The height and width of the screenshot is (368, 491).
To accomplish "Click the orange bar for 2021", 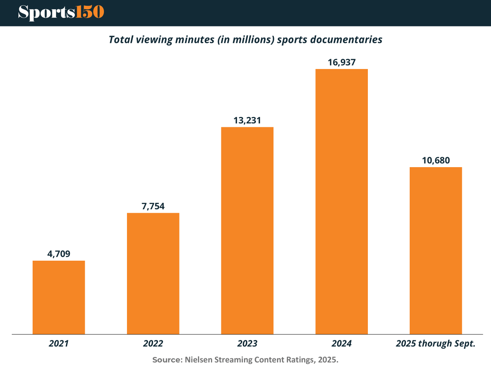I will tap(59, 297).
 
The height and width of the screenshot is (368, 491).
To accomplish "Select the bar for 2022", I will tap(153, 273).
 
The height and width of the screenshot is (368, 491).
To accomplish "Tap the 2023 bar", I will tap(247, 230).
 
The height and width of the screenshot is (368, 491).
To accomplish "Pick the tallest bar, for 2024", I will tap(341, 201).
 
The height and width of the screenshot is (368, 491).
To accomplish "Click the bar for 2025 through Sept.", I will tap(436, 250).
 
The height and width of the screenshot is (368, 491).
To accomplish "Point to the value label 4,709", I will tap(59, 254).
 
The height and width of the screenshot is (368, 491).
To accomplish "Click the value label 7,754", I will tap(153, 206).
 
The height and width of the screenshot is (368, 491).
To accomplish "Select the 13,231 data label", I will tap(247, 120).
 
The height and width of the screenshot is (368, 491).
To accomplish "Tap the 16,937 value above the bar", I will tap(341, 62).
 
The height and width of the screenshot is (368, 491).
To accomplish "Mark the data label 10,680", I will tap(436, 160).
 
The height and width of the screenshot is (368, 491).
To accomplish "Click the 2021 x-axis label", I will tap(59, 343).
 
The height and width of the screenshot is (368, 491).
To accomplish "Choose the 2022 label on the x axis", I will tap(153, 343).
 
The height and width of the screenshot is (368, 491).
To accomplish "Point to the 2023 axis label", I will tap(247, 343).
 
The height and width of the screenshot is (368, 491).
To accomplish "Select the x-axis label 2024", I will tap(341, 343).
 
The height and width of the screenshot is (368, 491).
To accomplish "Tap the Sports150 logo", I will tap(61, 13).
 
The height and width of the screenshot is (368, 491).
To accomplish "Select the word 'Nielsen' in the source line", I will tap(198, 360).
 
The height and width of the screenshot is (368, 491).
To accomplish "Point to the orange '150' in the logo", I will tap(90, 12).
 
